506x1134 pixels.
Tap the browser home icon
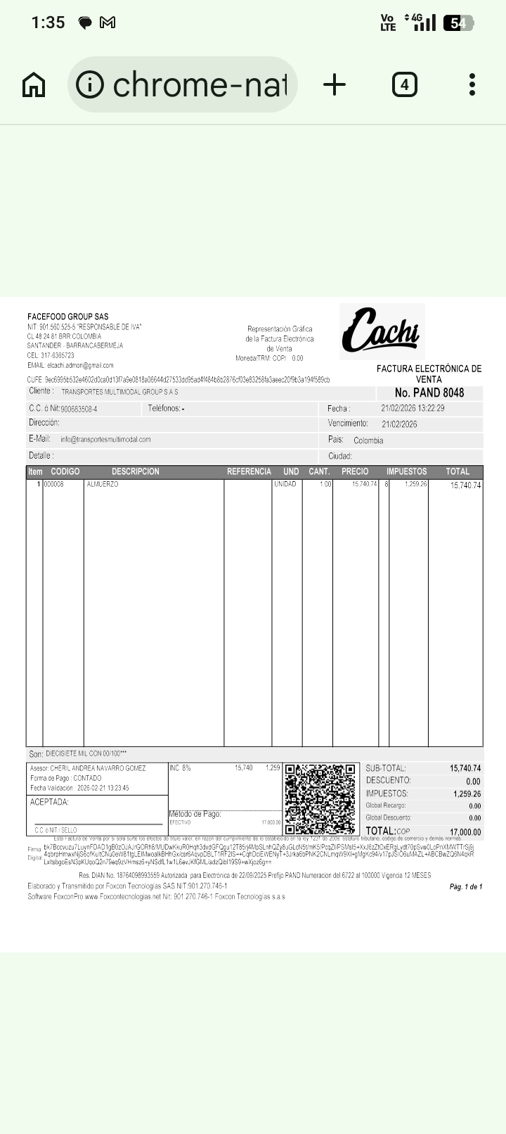34,85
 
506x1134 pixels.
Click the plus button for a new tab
335,85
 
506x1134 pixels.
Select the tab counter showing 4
404,85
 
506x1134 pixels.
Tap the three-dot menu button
472,85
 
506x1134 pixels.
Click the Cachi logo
381,331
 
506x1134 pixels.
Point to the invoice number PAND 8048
429,393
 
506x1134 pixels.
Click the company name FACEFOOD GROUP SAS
68,317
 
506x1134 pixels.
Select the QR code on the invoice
320,798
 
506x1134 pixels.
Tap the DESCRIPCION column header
135,471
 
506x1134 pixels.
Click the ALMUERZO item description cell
103,485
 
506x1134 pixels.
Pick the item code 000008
54,485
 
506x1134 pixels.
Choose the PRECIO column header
355,471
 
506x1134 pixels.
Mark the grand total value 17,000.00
465,832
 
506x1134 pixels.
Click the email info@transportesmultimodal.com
105,440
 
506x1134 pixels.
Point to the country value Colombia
368,440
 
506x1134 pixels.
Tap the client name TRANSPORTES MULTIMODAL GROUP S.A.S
119,392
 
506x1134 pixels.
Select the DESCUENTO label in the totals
388,780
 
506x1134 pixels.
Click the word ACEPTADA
49,802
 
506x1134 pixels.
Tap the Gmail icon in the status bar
108,23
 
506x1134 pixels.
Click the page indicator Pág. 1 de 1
466,886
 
